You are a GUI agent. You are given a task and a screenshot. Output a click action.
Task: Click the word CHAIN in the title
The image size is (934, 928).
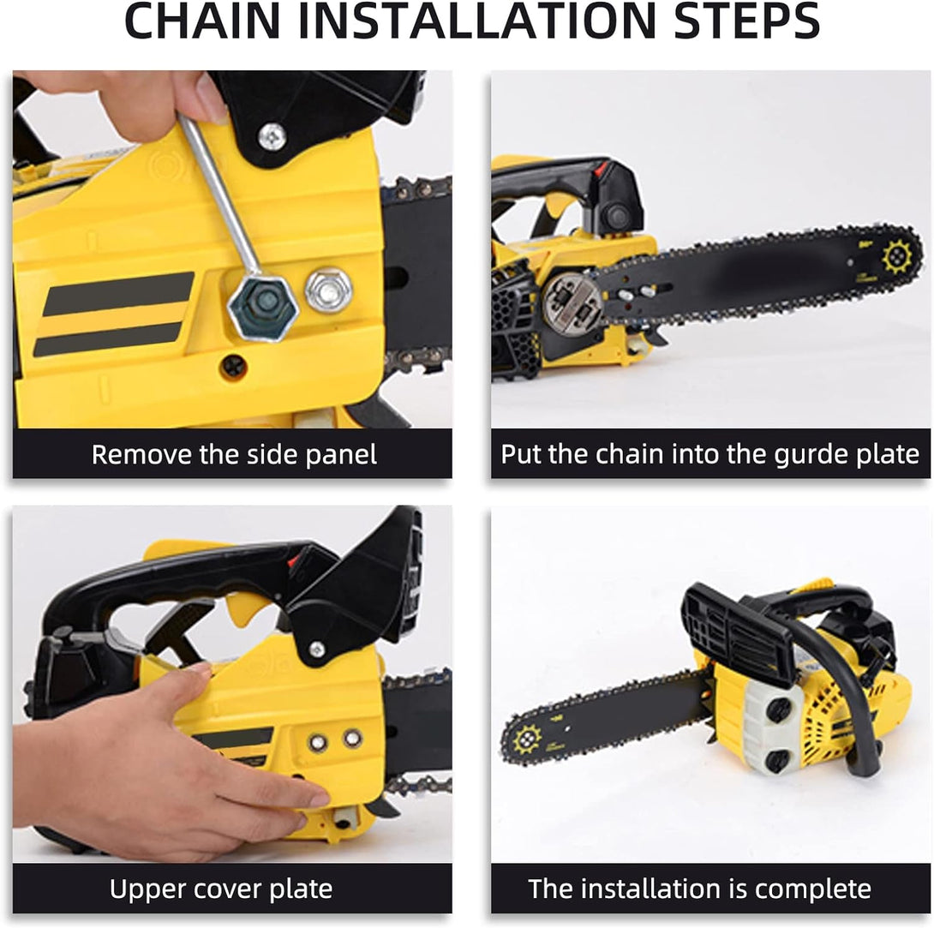202,21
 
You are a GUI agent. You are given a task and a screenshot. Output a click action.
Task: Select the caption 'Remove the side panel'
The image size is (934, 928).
233,454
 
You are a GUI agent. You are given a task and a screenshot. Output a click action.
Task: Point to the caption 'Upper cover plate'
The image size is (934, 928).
221,889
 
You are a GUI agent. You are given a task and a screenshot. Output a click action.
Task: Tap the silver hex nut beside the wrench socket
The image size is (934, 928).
328,291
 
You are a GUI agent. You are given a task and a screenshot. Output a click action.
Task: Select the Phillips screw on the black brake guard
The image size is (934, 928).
272,136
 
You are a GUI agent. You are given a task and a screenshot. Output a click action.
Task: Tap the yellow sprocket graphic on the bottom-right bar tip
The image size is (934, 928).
527,739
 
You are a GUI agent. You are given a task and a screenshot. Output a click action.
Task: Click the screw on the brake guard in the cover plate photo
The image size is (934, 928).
317,650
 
